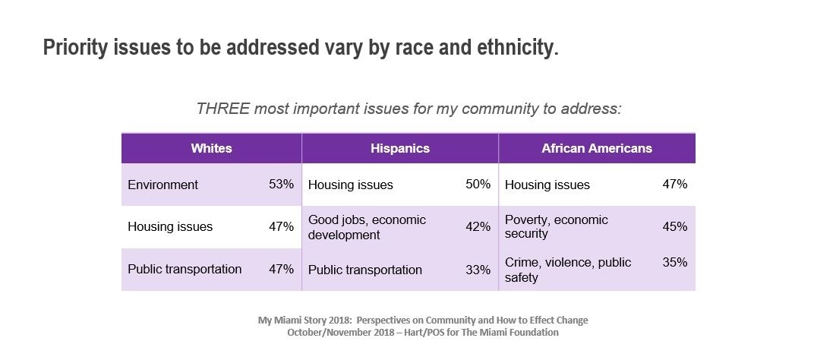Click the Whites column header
pos(211,149)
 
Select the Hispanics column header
pos(399,149)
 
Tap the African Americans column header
pos(596,149)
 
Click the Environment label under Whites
pos(162,185)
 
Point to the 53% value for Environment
pos(281,185)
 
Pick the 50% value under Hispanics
pos(478,185)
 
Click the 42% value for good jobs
pos(478,227)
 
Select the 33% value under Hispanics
pos(478,270)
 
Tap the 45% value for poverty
pos(674,227)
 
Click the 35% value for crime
pos(674,262)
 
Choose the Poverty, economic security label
pos(556,227)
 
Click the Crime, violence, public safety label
pos(567,270)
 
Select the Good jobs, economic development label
pos(367,227)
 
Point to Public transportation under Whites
pos(185,269)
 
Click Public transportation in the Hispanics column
pos(364,270)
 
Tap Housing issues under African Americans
pos(547,185)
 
